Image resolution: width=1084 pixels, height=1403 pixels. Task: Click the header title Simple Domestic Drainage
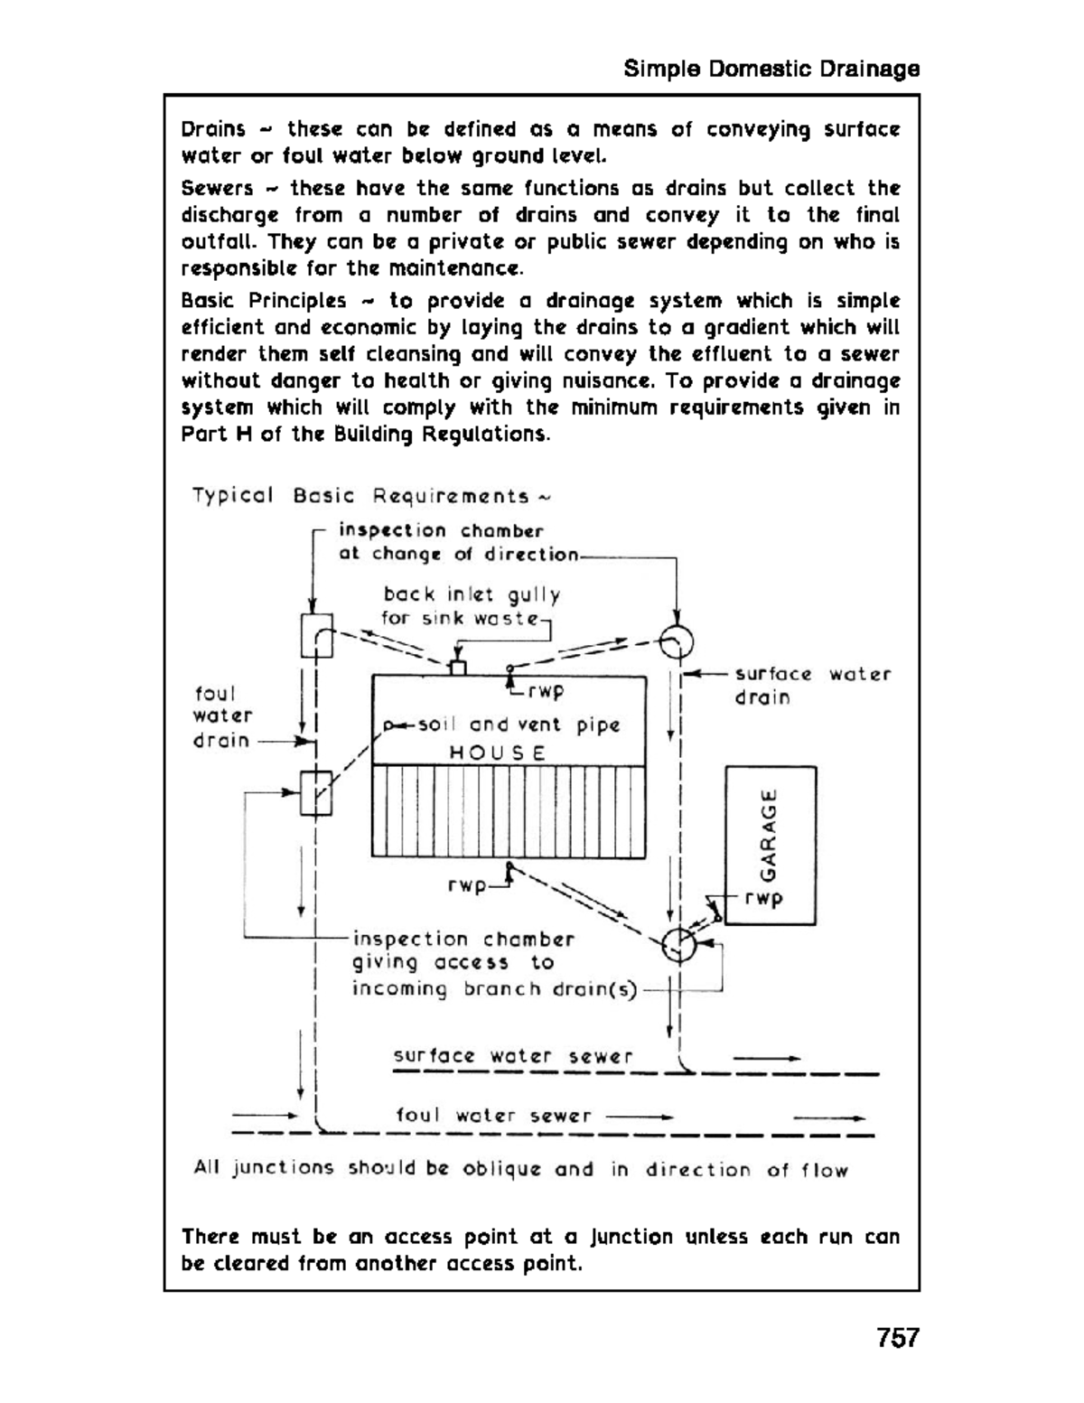click(771, 70)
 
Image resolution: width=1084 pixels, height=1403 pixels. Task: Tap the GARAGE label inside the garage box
click(769, 835)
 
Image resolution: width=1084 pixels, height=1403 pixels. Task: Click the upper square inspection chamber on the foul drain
click(316, 635)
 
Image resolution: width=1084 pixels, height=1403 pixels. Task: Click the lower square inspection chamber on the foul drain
click(316, 793)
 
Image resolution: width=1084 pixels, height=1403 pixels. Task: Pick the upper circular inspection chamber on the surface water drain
click(676, 643)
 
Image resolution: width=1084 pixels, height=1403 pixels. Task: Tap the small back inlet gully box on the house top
click(458, 668)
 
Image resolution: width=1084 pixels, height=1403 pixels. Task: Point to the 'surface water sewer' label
click(512, 1056)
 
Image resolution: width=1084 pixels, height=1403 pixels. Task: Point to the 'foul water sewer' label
click(493, 1116)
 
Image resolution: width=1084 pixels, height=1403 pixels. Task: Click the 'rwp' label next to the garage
click(764, 899)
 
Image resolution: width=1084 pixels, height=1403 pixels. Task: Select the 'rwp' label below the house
click(467, 886)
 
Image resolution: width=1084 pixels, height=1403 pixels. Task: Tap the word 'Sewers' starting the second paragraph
click(217, 189)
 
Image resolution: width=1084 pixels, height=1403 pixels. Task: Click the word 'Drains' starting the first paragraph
click(213, 129)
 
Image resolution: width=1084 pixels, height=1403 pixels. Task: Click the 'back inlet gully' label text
click(472, 594)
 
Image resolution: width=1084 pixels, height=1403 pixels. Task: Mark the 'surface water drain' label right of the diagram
click(811, 686)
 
